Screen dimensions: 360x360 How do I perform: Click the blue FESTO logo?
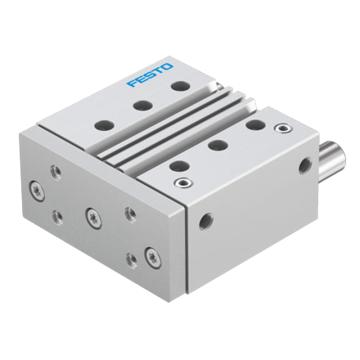150,75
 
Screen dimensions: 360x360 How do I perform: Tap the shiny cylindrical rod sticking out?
332,161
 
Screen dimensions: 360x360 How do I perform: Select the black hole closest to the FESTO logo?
181,86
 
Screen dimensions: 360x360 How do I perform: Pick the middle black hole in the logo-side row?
143,106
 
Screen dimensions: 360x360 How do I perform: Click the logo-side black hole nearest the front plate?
104,125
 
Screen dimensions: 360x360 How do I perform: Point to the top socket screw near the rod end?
283,128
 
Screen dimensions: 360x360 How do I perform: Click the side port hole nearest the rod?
305,166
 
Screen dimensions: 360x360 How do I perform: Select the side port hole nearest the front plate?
206,221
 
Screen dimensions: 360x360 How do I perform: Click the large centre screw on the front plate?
93,218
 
